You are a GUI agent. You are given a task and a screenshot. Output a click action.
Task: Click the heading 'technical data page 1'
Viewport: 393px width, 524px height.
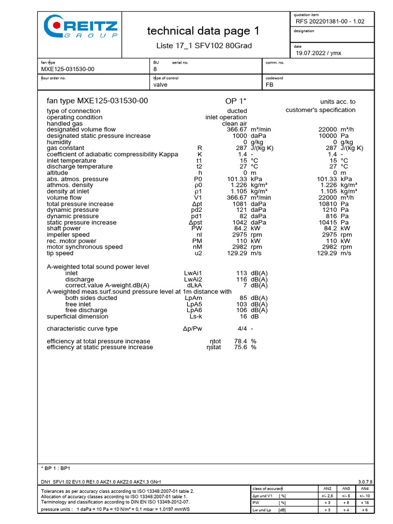click(203, 31)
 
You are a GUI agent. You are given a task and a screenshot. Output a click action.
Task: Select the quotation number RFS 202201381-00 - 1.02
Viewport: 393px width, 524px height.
click(330, 21)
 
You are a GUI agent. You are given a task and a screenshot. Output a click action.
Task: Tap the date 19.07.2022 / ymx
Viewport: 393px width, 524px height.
click(318, 52)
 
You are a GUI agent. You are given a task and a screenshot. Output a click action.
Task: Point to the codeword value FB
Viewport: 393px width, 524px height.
click(270, 85)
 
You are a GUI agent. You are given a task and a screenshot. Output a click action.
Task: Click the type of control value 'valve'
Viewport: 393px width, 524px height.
click(160, 85)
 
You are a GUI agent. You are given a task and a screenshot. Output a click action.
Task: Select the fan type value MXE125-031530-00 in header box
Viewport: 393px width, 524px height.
click(67, 69)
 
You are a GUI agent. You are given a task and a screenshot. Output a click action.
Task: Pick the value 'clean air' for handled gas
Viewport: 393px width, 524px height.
click(234, 123)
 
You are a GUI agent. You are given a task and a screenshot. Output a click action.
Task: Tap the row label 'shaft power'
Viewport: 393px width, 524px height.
click(64, 228)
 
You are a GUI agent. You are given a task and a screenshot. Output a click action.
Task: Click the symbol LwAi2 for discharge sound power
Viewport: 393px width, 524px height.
click(193, 279)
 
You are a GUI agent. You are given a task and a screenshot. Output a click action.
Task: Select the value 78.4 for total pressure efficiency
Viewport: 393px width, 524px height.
click(241, 341)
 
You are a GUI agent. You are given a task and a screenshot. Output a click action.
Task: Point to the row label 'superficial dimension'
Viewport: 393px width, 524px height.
click(77, 316)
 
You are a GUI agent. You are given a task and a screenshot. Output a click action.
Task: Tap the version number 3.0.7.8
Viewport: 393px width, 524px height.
click(365, 482)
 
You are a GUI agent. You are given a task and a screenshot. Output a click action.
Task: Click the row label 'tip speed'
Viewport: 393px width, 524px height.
click(60, 253)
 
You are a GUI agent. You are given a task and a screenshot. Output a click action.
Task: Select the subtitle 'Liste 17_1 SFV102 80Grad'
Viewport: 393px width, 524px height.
click(204, 46)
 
